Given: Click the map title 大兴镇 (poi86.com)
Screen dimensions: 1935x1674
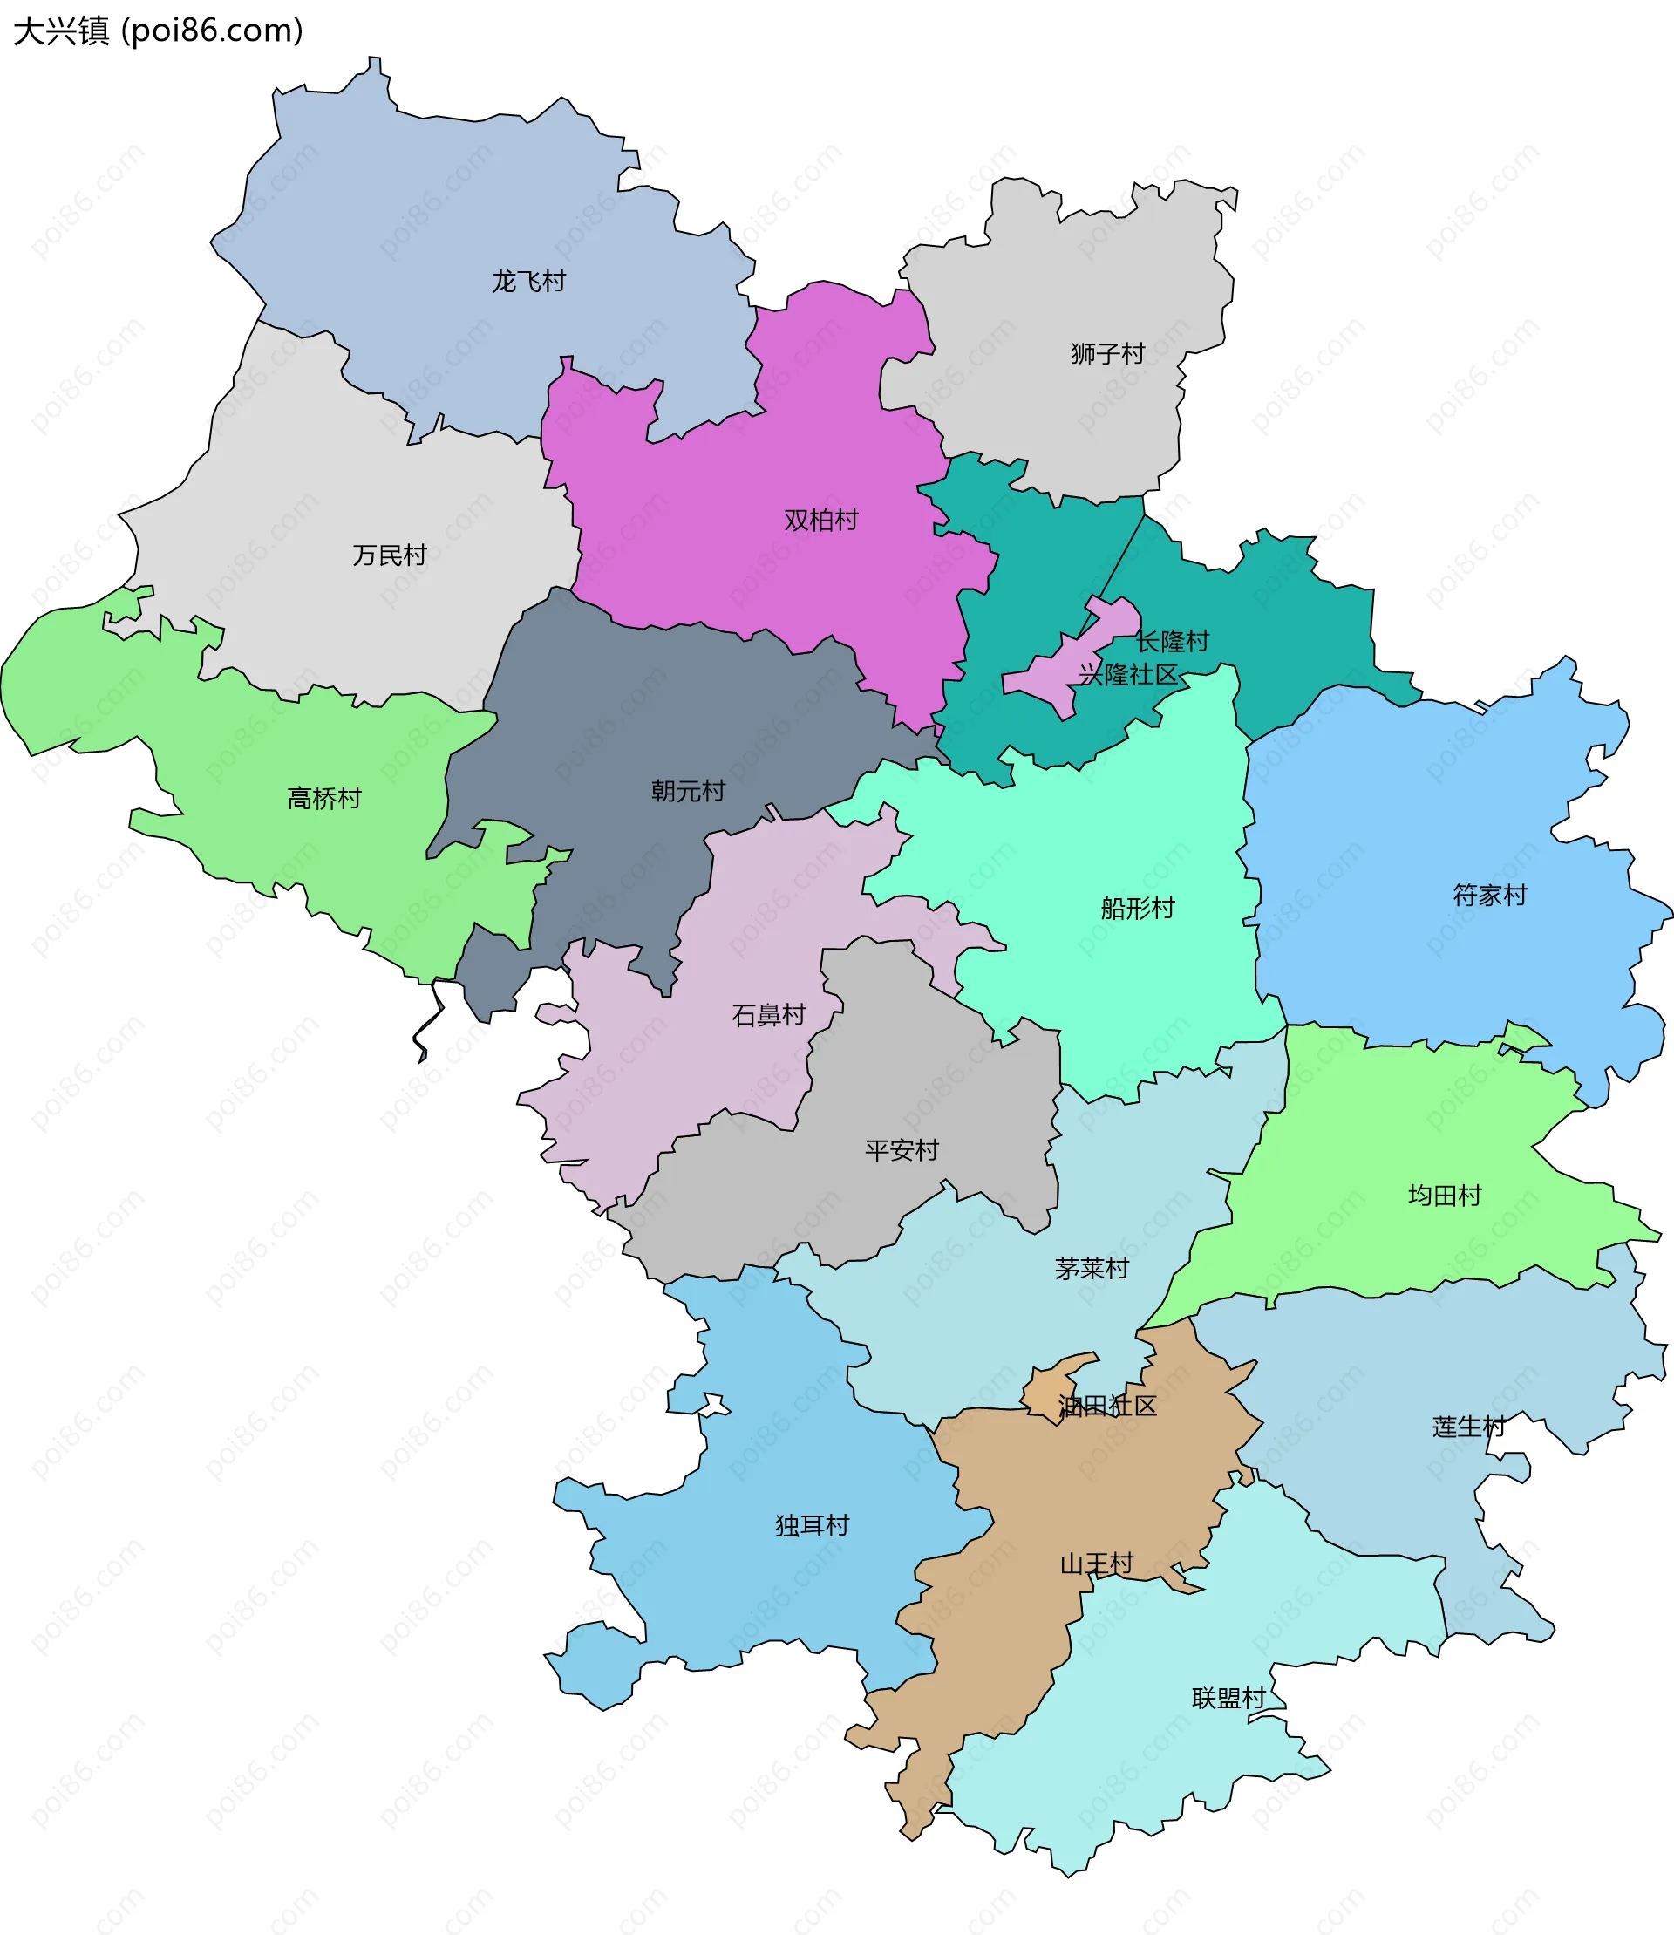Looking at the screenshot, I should click(158, 31).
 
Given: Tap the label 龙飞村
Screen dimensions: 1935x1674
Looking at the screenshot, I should click(528, 282).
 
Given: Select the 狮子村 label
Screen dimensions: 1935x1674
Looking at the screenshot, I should click(1108, 354).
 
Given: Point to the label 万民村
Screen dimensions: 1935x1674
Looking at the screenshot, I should click(390, 555).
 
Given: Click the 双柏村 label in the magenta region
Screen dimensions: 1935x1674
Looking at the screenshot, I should click(821, 521).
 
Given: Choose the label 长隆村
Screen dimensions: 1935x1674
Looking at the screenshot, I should click(1173, 641).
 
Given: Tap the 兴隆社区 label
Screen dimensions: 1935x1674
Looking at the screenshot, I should click(1128, 675).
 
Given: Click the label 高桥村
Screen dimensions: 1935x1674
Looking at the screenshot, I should click(324, 798).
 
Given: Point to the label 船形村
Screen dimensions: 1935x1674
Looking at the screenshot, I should click(1138, 908).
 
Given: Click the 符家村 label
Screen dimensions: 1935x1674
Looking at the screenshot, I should click(1490, 895).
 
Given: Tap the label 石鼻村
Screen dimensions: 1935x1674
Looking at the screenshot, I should click(769, 1015).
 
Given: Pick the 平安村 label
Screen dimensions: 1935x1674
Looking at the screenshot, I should click(902, 1150).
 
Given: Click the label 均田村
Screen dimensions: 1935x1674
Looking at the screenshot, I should click(1446, 1195).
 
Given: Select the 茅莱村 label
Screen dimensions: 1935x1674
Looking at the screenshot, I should click(1092, 1268).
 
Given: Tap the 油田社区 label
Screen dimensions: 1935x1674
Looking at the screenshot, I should click(1108, 1407).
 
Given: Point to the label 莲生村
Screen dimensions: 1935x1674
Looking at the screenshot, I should click(1469, 1427).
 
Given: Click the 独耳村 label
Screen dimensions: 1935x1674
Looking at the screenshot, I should click(813, 1526).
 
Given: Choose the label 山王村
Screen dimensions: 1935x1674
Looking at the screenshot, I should click(1097, 1564).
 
